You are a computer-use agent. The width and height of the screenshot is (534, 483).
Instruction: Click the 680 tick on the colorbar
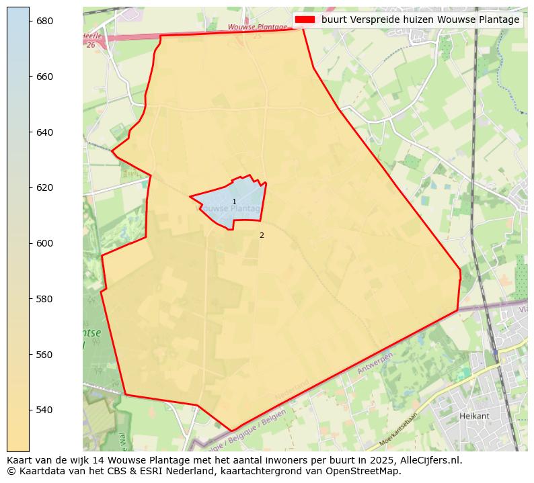click(x=44, y=21)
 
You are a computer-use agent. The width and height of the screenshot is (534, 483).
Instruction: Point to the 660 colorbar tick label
click(x=44, y=77)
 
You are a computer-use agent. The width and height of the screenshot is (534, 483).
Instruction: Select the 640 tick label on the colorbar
click(x=44, y=132)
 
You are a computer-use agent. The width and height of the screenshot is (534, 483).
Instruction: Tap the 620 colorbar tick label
click(x=44, y=187)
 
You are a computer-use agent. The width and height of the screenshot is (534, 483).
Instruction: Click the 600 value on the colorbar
click(x=44, y=243)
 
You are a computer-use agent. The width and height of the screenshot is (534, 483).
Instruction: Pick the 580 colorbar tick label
click(x=44, y=298)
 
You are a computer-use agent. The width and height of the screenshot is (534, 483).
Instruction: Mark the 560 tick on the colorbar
click(x=44, y=354)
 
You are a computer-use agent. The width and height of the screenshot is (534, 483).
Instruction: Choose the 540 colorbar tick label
click(x=44, y=410)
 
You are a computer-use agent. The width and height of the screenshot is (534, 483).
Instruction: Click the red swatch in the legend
click(x=305, y=19)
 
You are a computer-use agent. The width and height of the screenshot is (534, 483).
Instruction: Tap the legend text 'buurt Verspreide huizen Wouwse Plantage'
click(x=420, y=19)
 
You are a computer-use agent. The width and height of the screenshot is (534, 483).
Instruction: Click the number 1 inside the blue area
click(x=234, y=202)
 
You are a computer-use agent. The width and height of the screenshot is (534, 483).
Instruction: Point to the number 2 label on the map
click(x=262, y=235)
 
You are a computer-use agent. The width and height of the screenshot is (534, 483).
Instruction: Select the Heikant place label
click(x=474, y=416)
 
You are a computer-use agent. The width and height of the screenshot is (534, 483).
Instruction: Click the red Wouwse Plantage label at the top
click(x=248, y=28)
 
